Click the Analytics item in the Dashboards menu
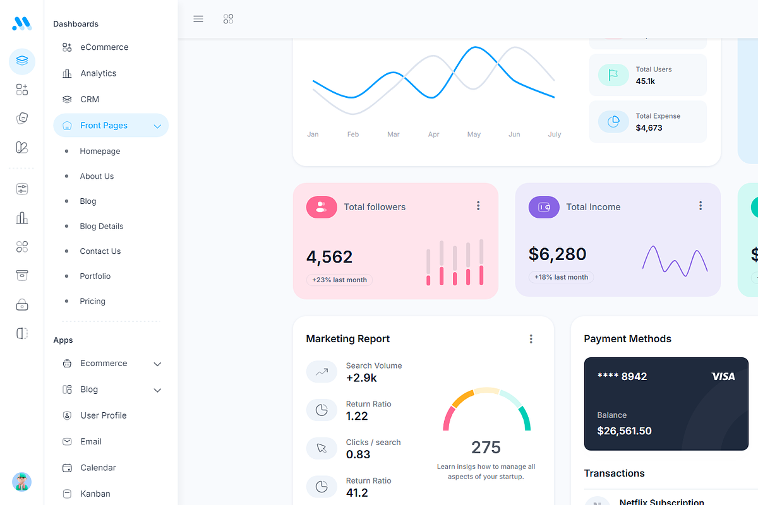(98, 73)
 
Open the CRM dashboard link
(90, 99)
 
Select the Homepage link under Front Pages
(100, 151)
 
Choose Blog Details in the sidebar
(101, 226)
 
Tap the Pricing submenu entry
(92, 301)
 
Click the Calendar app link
(98, 468)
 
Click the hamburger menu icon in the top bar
(198, 19)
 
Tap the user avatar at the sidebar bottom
(22, 482)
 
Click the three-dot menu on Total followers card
(478, 206)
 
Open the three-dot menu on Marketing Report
(531, 339)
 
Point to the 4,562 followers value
(329, 257)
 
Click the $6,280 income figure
(557, 254)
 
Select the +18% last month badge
(561, 277)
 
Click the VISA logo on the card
(723, 376)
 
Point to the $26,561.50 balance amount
(624, 431)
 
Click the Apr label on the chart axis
(433, 134)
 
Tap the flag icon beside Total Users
(613, 75)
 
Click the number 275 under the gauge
(486, 448)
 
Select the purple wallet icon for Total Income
(544, 207)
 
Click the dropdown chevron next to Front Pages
(157, 126)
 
